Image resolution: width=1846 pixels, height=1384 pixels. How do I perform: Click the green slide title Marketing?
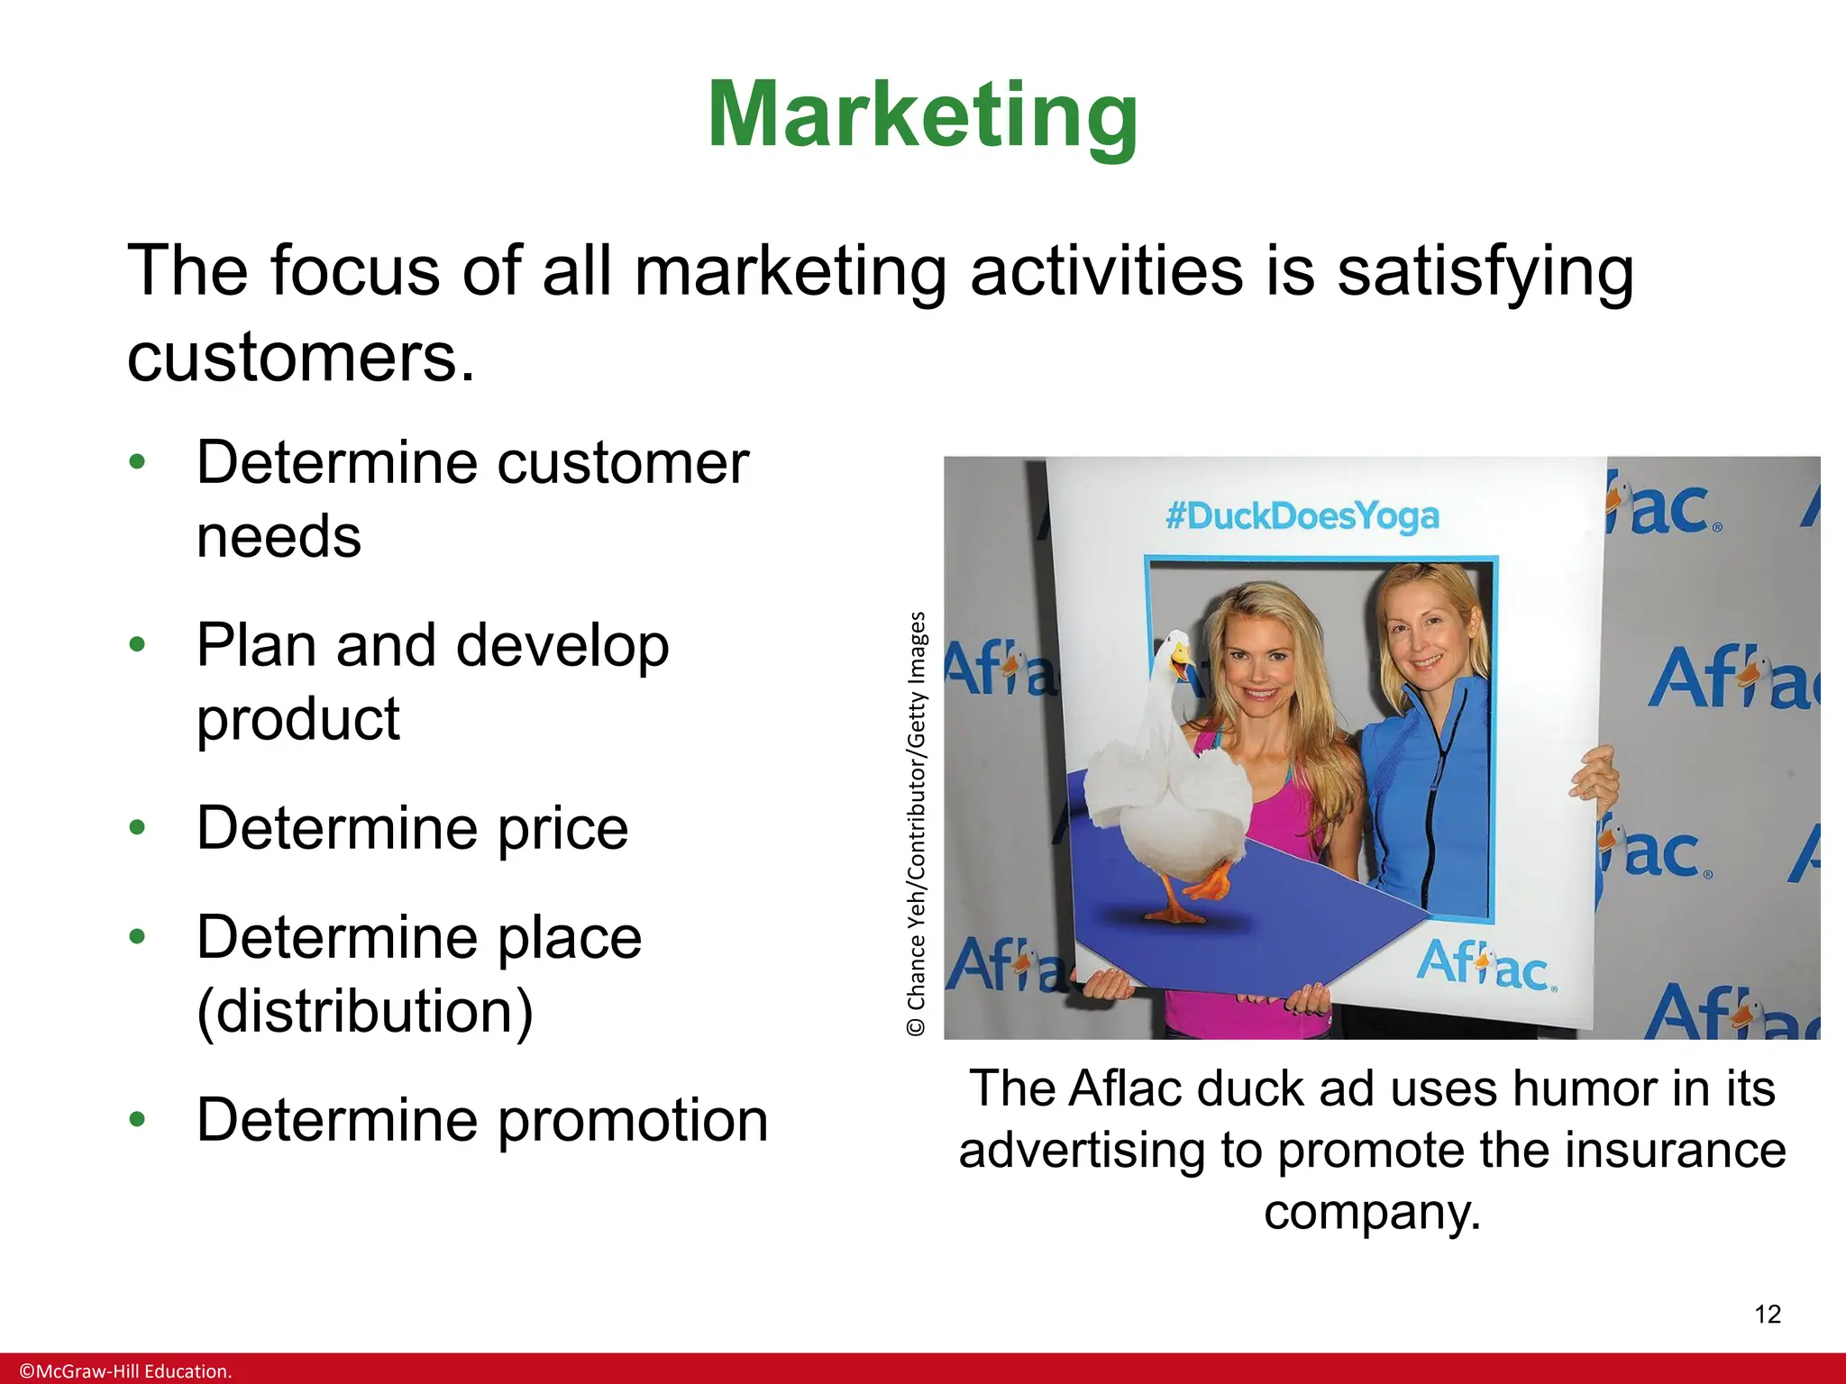[923, 115]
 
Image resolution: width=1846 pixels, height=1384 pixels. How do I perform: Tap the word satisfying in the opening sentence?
[1484, 272]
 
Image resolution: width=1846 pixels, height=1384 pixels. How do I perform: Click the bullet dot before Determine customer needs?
[137, 463]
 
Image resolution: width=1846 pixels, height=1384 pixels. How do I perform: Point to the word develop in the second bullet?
[562, 647]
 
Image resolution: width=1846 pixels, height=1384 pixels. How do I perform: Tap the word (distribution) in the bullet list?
[365, 1012]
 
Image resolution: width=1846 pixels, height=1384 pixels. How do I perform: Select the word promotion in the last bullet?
[633, 1121]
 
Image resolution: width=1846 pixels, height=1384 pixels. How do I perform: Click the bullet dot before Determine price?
[137, 828]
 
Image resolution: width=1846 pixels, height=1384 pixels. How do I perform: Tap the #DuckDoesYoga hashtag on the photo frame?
[1302, 517]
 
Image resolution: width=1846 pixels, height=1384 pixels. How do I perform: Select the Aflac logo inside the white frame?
[1485, 966]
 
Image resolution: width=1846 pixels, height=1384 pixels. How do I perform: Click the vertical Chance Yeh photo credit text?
[917, 824]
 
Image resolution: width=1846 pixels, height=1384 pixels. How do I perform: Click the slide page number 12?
[1768, 1315]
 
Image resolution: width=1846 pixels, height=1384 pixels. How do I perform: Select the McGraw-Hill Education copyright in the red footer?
[125, 1371]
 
